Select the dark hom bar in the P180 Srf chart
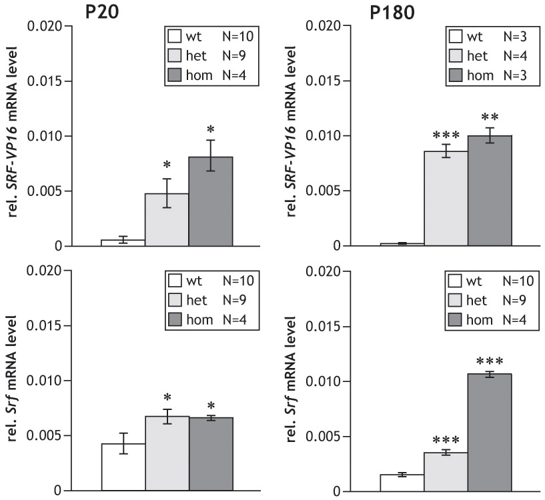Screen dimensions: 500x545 (x=490, y=433)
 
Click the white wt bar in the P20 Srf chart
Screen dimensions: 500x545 (x=123, y=467)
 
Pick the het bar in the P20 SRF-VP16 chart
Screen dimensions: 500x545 (x=167, y=220)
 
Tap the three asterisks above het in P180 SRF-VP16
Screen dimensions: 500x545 (x=446, y=131)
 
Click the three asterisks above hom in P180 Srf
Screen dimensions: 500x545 (x=490, y=361)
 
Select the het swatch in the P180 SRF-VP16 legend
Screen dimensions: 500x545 (x=457, y=55)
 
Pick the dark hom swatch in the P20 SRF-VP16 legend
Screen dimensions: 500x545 (x=177, y=75)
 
